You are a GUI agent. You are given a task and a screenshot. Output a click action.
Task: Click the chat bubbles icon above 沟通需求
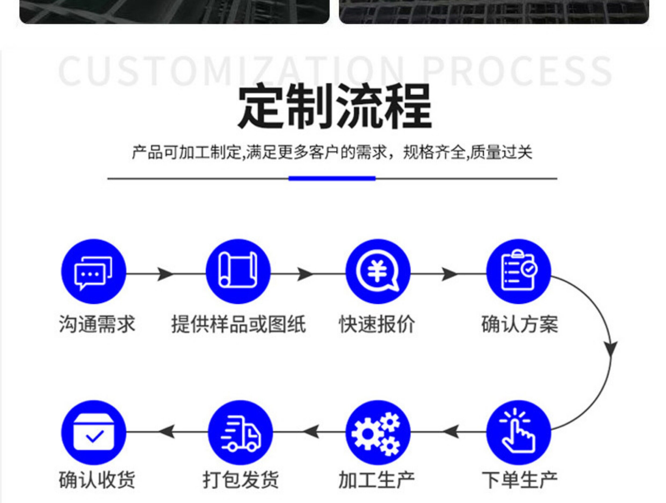(93, 272)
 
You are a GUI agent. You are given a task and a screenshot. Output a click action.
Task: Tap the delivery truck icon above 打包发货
(240, 433)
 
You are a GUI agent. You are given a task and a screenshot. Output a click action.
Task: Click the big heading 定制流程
(334, 106)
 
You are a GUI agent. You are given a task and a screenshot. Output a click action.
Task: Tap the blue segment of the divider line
(332, 179)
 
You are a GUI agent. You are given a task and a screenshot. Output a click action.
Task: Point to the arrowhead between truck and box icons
(167, 432)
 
